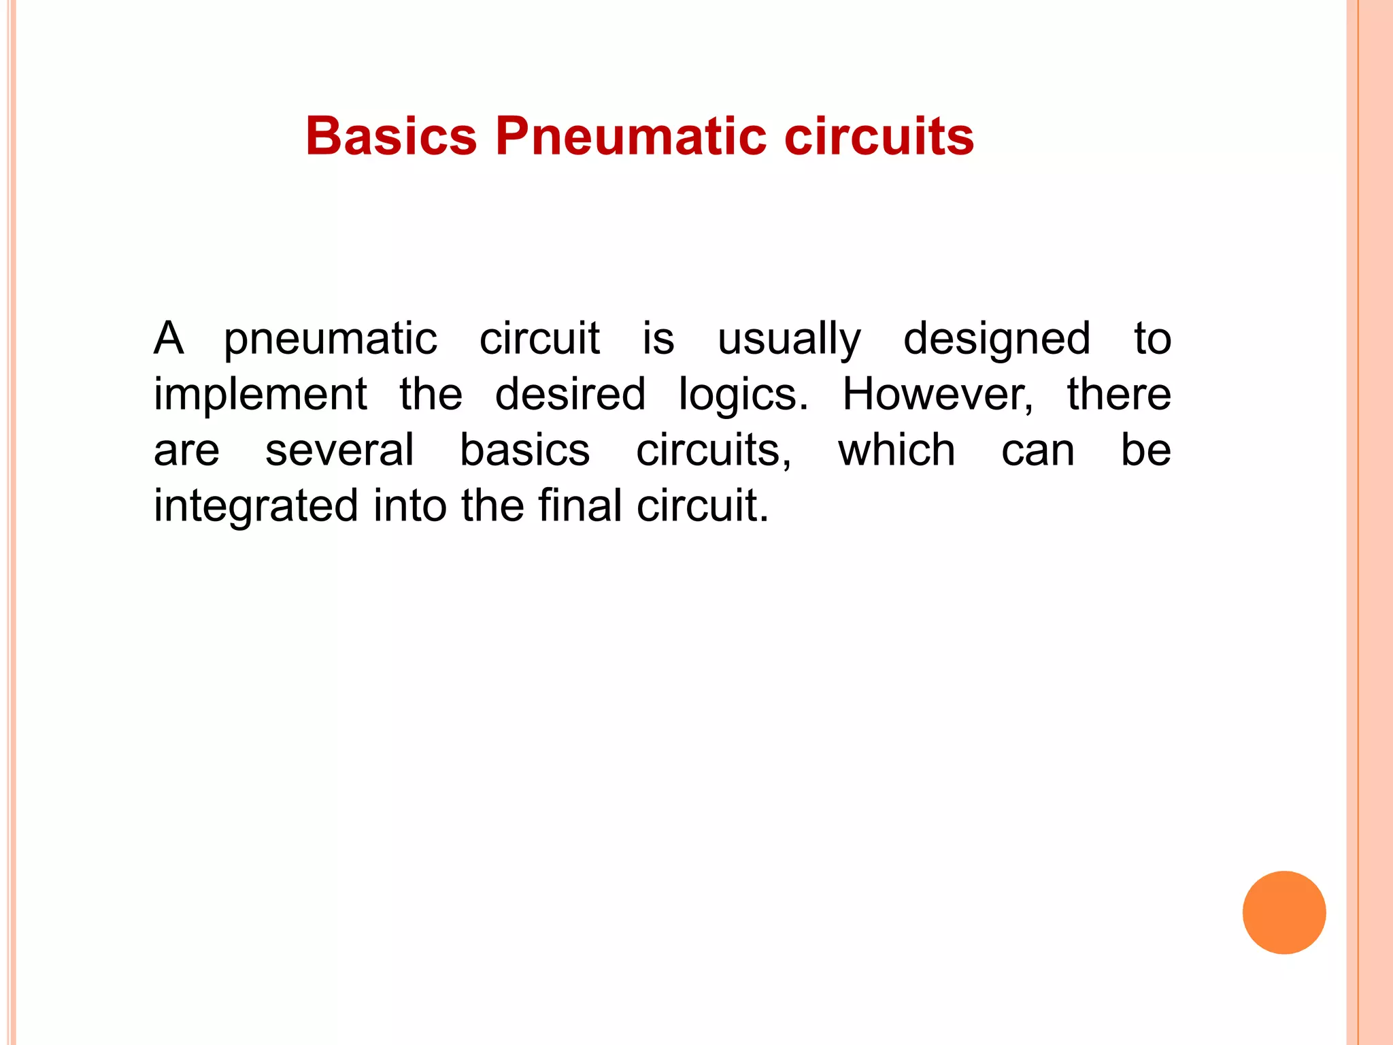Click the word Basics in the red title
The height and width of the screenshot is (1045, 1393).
(x=391, y=136)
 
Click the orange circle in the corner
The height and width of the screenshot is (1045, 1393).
(x=1284, y=912)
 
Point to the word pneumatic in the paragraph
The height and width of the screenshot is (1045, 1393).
(x=331, y=339)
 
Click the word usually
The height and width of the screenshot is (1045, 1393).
(x=789, y=339)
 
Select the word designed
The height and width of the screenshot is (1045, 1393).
(x=996, y=339)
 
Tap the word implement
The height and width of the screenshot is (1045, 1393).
(x=261, y=395)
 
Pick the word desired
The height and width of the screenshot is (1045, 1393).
(x=570, y=394)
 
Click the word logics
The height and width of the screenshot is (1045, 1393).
(x=743, y=395)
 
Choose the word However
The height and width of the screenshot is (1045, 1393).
(x=937, y=394)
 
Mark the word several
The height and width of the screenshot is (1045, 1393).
(x=339, y=450)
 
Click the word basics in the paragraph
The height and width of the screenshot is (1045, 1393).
(x=524, y=450)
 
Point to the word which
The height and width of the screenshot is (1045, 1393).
(x=896, y=450)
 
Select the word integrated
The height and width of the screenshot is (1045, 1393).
(x=256, y=507)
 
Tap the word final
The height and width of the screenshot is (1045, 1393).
(x=580, y=505)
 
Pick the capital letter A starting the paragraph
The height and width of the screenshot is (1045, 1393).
(x=169, y=338)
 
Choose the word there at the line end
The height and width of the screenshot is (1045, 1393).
(x=1119, y=394)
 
